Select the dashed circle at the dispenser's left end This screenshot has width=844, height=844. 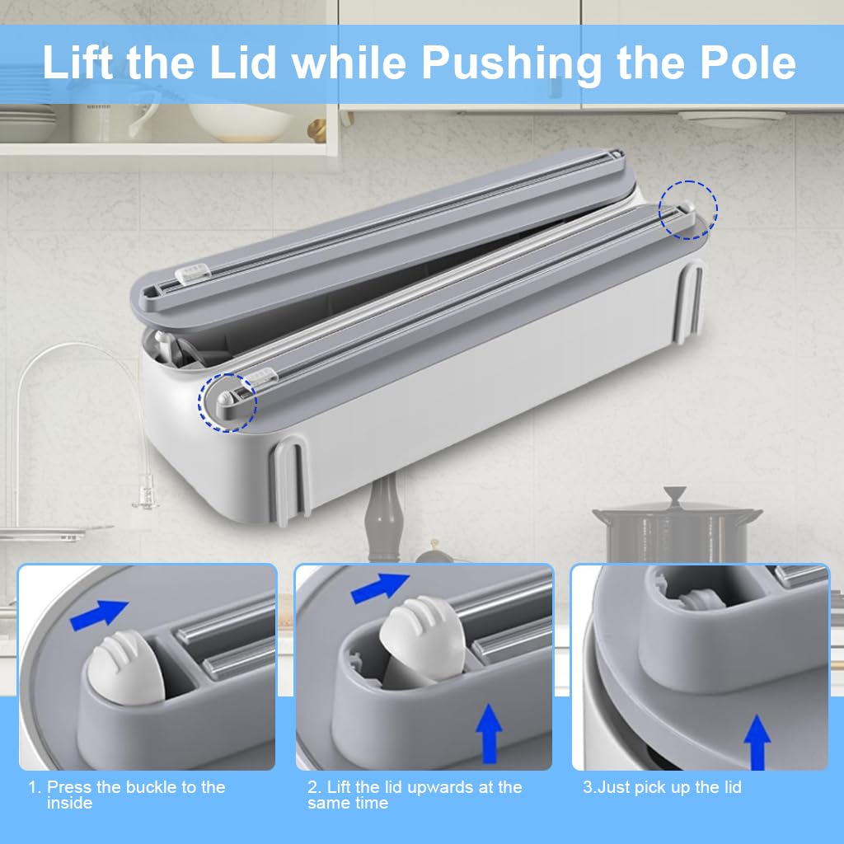pos(227,401)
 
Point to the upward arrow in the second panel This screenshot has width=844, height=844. pos(490,733)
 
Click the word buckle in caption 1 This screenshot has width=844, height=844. pos(153,787)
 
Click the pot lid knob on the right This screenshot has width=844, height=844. pos(676,495)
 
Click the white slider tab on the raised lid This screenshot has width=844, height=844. pos(196,271)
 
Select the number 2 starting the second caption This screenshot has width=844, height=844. pos(312,787)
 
